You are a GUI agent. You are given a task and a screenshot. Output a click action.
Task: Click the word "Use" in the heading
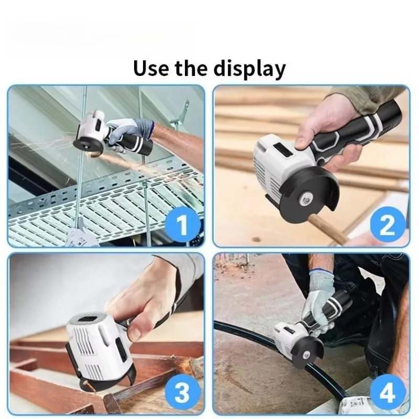pyautogui.click(x=151, y=68)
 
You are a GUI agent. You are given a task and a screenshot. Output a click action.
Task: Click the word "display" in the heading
pyautogui.click(x=250, y=69)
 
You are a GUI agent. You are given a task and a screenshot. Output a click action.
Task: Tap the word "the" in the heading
pyautogui.click(x=191, y=68)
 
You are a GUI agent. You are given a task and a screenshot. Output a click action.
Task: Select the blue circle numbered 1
pyautogui.click(x=182, y=225)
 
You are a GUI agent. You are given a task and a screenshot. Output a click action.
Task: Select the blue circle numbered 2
pyautogui.click(x=388, y=225)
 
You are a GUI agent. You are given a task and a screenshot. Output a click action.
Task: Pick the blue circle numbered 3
pyautogui.click(x=182, y=392)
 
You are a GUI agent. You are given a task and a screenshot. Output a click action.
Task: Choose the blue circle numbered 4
pyautogui.click(x=388, y=392)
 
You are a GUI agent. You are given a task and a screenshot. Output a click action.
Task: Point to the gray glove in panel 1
pyautogui.click(x=129, y=134)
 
